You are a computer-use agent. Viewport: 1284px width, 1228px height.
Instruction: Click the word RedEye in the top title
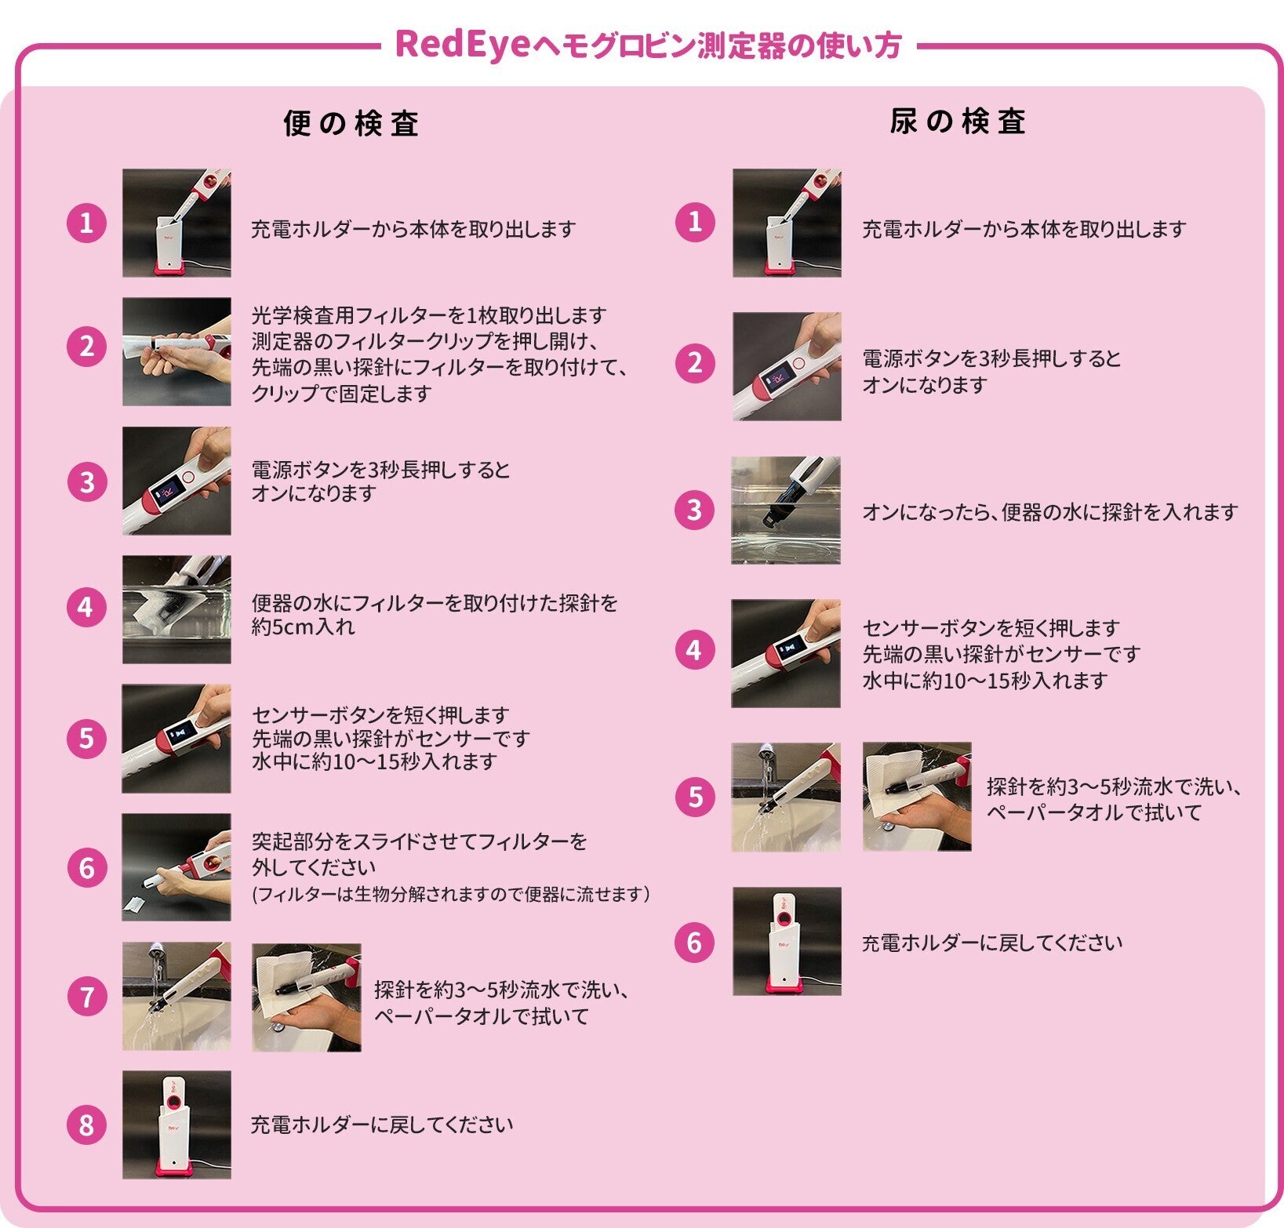464,44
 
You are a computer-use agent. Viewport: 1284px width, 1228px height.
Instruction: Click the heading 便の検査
351,124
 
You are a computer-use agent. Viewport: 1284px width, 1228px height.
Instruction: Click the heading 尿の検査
958,122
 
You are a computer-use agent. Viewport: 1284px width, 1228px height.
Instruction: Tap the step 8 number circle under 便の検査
86,1125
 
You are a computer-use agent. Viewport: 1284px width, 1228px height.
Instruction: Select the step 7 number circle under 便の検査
86,997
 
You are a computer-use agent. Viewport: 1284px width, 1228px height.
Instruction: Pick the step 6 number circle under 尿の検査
695,942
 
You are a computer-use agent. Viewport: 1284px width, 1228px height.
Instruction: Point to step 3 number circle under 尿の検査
695,510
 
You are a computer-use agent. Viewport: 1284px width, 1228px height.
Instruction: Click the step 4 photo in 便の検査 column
176,609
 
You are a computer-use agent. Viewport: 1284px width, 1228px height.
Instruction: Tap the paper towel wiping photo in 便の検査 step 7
307,997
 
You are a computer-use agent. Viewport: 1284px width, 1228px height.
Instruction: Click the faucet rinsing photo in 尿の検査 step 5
786,797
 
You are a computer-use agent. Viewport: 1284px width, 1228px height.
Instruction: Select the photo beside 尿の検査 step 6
787,941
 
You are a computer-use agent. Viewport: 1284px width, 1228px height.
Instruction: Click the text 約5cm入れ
304,627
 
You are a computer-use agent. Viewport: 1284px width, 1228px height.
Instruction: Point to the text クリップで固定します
341,393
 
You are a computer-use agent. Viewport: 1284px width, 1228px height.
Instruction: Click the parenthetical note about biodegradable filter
451,894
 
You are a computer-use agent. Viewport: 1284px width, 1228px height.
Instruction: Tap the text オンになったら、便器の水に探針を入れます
1050,512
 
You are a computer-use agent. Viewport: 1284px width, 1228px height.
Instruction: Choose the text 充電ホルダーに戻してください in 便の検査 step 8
382,1124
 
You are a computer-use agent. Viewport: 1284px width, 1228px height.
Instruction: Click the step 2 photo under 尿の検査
787,366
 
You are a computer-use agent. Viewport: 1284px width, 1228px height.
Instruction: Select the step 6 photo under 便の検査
176,867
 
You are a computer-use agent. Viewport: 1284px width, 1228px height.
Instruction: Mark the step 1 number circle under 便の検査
86,223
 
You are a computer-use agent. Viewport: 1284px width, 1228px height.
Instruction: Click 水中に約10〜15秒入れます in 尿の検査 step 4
984,680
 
